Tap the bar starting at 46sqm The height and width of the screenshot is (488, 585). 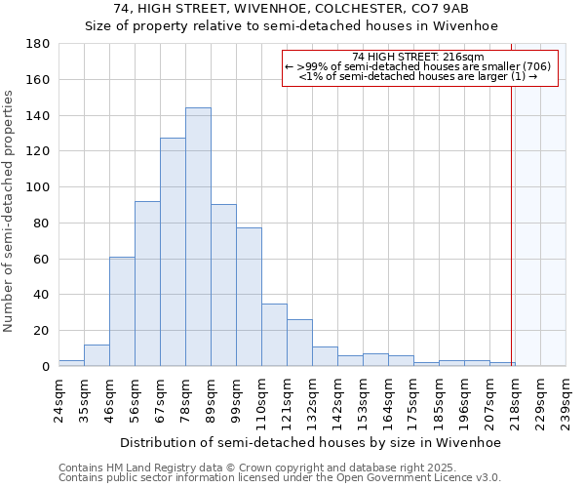pyautogui.click(x=122, y=311)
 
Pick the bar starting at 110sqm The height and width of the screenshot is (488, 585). pyautogui.click(x=274, y=335)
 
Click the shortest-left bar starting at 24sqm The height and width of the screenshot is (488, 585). pyautogui.click(x=71, y=363)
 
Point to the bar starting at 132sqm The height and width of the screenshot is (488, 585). pyautogui.click(x=325, y=356)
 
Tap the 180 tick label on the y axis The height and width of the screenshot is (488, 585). pyautogui.click(x=38, y=44)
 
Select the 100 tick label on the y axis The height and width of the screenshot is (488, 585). pyautogui.click(x=38, y=187)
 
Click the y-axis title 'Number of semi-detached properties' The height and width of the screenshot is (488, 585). pyautogui.click(x=10, y=210)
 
